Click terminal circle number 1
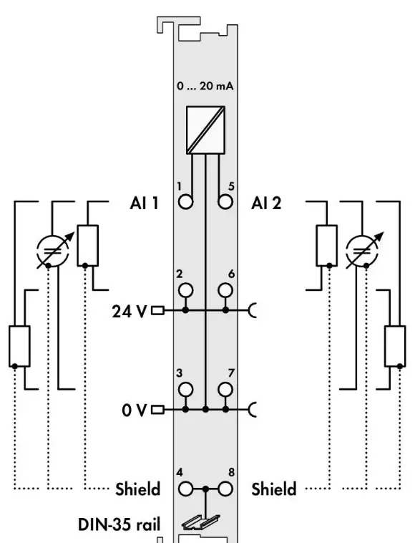(186, 202)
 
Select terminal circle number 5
(225, 202)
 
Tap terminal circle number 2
(186, 290)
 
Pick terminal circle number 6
(225, 290)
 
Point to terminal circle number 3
(186, 390)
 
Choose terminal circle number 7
(225, 390)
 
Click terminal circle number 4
(186, 489)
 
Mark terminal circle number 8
(225, 489)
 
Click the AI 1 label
(145, 203)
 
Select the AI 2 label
(266, 203)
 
